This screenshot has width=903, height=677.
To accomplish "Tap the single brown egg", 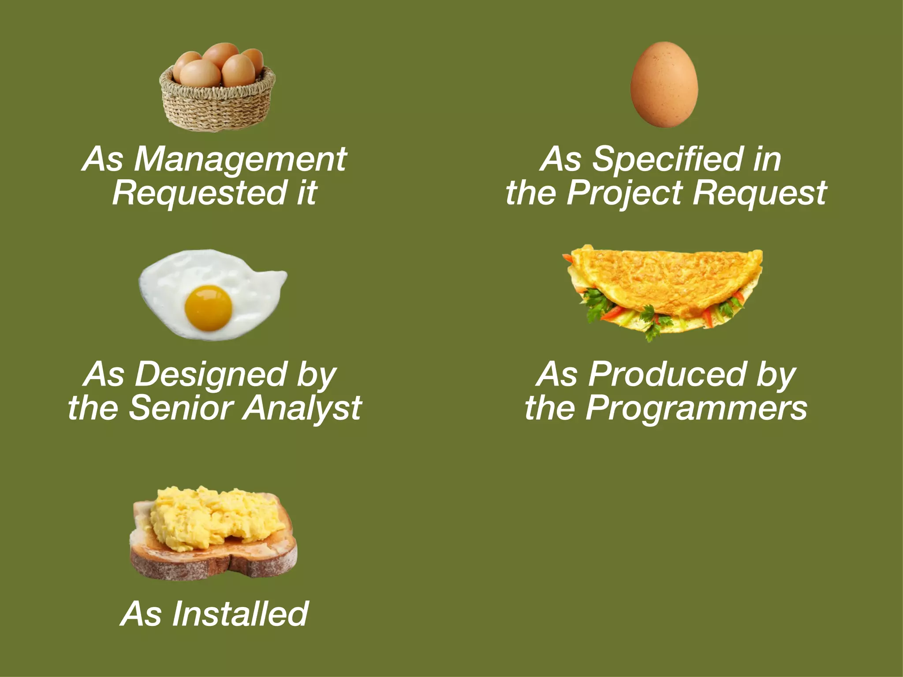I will point(664,85).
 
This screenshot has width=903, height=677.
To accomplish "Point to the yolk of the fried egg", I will point(208,308).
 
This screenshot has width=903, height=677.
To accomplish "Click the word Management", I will point(240,160).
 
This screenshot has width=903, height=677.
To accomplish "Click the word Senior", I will point(182,408).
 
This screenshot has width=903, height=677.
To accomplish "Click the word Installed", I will point(240,614).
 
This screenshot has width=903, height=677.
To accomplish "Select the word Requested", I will point(199,193).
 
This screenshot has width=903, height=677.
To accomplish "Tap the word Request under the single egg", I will point(759,193).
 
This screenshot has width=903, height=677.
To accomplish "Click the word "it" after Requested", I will point(307,193).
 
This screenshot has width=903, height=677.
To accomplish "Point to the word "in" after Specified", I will point(767,160).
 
